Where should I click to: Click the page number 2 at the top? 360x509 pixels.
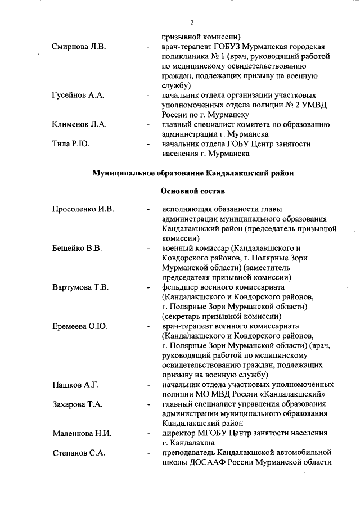pyautogui.click(x=191, y=22)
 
